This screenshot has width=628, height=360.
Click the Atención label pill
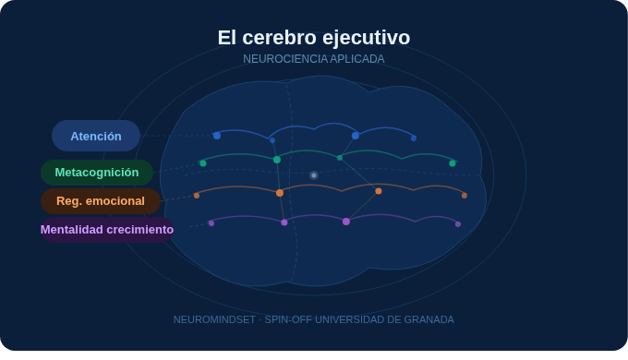(x=96, y=136)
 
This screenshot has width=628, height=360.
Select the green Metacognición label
(x=97, y=173)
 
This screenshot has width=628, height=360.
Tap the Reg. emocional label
(x=101, y=200)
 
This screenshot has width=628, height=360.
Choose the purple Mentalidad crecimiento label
(x=107, y=229)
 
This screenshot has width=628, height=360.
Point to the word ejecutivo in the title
(x=366, y=38)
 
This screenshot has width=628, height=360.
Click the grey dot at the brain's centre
(x=314, y=174)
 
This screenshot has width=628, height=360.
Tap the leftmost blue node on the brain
(x=217, y=136)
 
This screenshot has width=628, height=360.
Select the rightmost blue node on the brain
(x=414, y=138)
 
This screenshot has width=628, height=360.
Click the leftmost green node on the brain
(x=203, y=163)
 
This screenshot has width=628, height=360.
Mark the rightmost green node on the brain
(x=453, y=163)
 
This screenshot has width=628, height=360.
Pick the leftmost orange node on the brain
(x=197, y=196)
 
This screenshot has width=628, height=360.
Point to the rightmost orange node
(x=465, y=196)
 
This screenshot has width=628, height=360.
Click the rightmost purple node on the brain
(x=458, y=224)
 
